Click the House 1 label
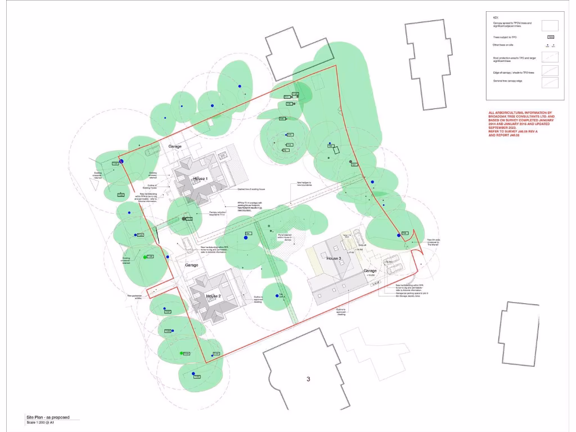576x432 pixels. pos(200,178)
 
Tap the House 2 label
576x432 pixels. pos(213,296)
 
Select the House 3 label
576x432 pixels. pos(334,258)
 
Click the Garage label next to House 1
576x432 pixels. pos(175,146)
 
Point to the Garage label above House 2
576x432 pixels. pos(191,265)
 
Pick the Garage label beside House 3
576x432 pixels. pos(370,271)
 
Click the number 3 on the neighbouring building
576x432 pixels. pos(308,379)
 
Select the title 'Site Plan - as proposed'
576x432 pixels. pos(48,417)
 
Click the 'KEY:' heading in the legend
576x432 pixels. pos(495,17)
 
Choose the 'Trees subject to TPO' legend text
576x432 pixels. pos(505,37)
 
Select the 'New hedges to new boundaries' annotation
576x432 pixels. pos(304,183)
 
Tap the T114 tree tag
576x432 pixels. pos(188,219)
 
